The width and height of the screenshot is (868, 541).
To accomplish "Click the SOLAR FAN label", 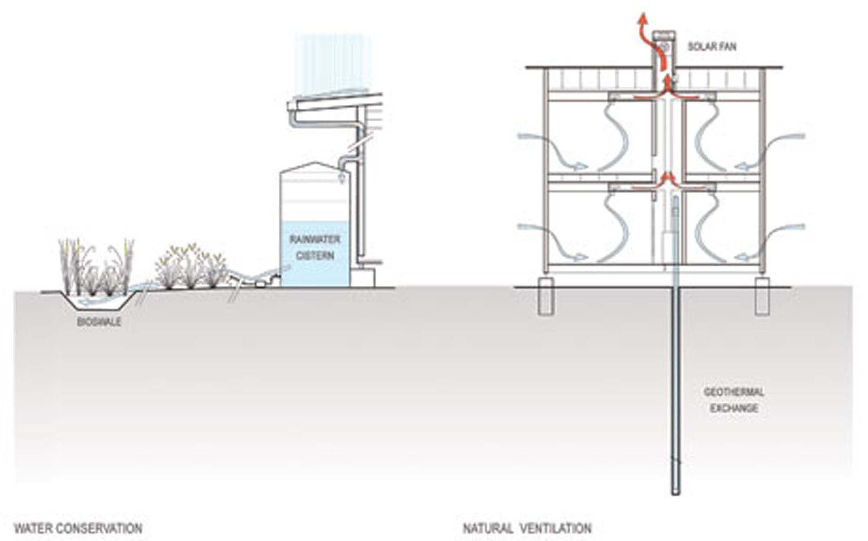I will pos(712,46).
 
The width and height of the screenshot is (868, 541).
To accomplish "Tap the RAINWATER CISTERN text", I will pos(315,248).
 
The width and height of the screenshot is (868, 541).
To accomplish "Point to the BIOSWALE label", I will pos(99,322).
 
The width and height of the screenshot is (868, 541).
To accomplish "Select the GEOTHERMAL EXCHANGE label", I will pos(733,400).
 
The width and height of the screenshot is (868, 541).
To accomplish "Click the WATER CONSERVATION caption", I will pos(78,528).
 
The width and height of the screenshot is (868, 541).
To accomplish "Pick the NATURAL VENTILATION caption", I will pos(527,528).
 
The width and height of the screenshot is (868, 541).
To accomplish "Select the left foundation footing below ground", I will pos(545,297).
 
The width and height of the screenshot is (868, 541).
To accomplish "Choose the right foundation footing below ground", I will pos(762,297).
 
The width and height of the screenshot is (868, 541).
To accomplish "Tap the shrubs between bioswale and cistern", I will pos(191,269).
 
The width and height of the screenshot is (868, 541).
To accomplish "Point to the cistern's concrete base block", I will pos(363,277).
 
